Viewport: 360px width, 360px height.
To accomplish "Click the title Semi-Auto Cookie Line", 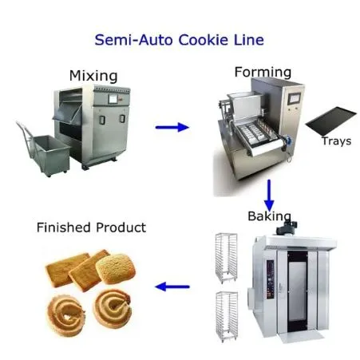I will coord(179,39).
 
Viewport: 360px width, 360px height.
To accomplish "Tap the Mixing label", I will coord(93,77).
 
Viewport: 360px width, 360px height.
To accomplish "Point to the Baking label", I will coord(269,216).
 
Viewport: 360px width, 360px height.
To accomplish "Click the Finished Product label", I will coord(91,227).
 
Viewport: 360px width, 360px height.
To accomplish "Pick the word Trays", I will coord(336,141).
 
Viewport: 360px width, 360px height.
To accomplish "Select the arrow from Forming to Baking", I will coord(269,192).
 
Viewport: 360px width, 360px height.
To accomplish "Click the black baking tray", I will coord(326,124).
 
